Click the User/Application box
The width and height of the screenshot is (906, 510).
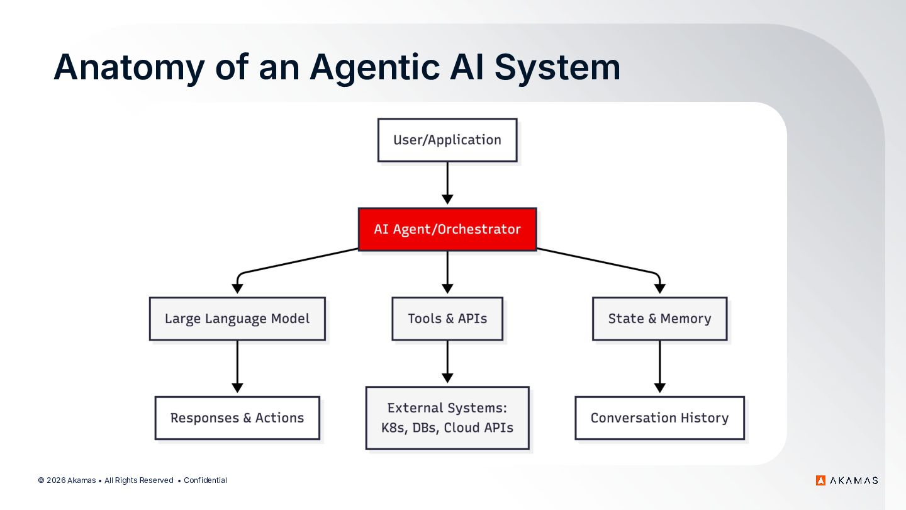coord(447,140)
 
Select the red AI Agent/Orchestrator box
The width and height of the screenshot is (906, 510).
coord(447,229)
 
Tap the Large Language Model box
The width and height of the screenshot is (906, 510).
coord(237,319)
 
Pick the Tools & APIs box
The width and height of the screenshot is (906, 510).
coord(447,319)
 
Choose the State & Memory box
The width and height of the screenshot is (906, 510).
coord(659,319)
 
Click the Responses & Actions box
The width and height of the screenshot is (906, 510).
coord(237,418)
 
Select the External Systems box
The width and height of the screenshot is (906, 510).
coord(447,418)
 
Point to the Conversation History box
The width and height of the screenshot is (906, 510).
coord(659,418)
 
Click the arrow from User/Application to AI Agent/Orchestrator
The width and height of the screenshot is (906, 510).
coord(447,183)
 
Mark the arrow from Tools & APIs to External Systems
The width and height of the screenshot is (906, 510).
coord(447,362)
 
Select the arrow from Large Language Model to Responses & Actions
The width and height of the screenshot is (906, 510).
coord(237,366)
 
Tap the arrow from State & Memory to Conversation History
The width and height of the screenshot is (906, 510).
coord(659,366)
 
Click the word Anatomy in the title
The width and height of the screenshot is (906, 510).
coord(129,67)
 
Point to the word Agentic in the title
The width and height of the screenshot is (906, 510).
coord(375,67)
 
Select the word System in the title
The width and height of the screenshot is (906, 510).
coord(557,67)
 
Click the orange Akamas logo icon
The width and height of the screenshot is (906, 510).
coord(820,480)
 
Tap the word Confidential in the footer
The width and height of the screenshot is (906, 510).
coord(206,480)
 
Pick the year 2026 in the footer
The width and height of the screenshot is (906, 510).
coord(56,480)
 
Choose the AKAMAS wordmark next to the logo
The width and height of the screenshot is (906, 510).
coord(854,480)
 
